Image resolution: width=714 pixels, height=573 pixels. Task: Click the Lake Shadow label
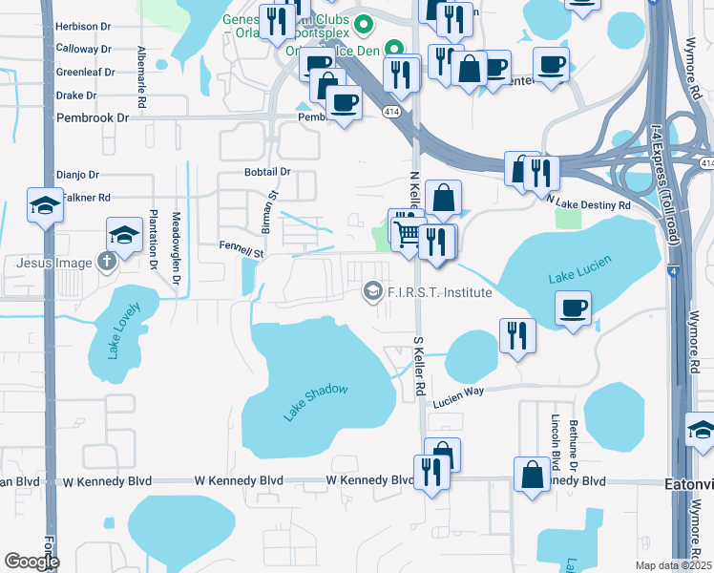[x=316, y=401]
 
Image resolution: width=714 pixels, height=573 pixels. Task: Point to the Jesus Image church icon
[x=108, y=263]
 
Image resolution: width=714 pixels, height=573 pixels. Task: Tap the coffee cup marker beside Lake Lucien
[x=573, y=308]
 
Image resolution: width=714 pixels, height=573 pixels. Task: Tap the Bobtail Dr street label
[x=266, y=172]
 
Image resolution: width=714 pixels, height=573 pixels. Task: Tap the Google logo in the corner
[x=31, y=562]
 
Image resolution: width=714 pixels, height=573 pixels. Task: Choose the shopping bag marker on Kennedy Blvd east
[x=532, y=475]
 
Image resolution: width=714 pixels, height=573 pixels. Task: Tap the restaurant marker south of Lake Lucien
[x=517, y=334]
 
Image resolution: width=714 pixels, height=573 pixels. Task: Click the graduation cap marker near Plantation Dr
[x=124, y=235]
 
